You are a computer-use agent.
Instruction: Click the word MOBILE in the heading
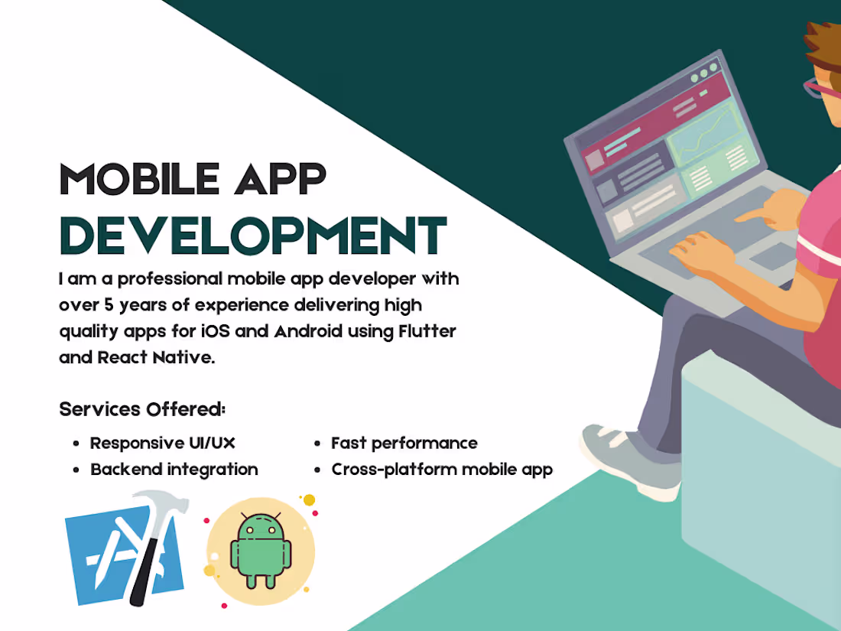coord(132,179)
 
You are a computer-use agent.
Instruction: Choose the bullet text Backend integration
coord(174,469)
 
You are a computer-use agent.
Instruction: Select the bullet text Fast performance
coord(404,443)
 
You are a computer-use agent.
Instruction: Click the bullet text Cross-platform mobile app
coord(442,469)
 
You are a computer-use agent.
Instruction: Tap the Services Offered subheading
coord(142,409)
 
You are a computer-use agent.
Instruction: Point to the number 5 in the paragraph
coord(103,305)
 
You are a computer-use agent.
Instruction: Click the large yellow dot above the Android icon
coord(309,500)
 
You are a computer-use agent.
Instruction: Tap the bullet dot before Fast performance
coord(317,444)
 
